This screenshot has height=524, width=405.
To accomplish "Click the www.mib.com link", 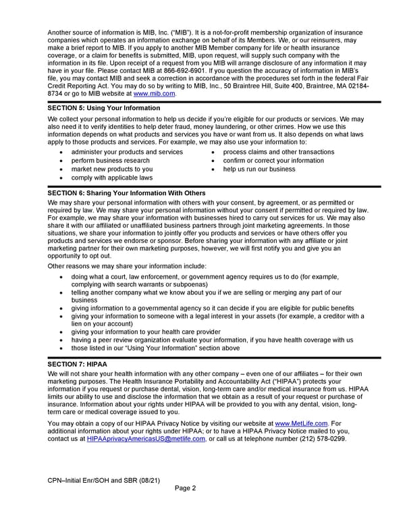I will [155, 94].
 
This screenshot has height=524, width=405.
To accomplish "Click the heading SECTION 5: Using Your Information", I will [105, 108].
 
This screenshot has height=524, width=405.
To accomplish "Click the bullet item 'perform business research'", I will [110, 161].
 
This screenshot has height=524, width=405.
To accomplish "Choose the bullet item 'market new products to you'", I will [111, 169].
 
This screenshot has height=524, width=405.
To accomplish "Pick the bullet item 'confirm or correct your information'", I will [273, 161].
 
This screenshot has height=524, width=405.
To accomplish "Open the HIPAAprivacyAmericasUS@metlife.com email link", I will [146, 439].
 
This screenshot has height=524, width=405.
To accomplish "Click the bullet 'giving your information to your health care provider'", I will [145, 332].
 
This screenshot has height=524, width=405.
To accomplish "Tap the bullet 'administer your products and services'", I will [126, 152].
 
